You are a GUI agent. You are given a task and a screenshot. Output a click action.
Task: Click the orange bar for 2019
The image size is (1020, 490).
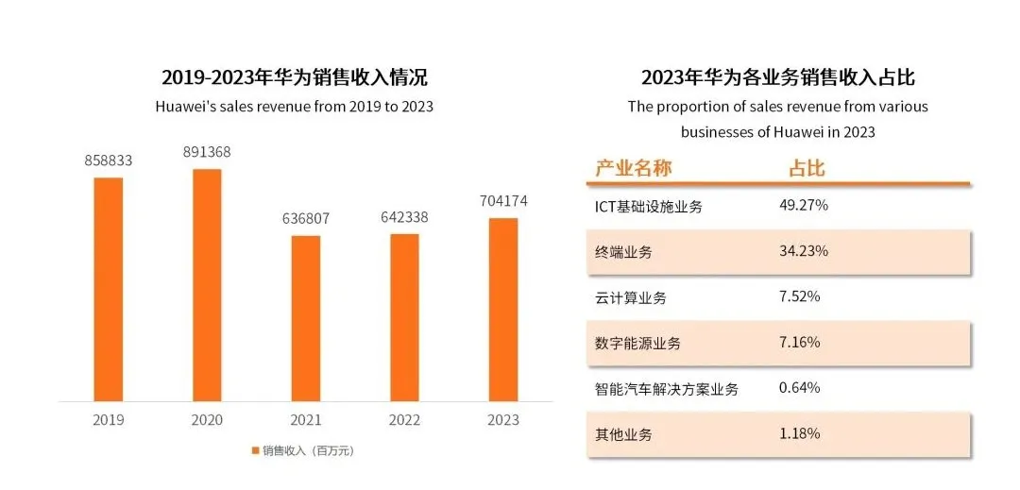(x=109, y=288)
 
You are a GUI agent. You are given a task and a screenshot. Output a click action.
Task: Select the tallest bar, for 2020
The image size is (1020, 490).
(x=207, y=284)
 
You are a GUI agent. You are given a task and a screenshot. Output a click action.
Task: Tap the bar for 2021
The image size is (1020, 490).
(x=305, y=317)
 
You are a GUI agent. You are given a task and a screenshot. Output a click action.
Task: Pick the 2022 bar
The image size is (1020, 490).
(x=404, y=316)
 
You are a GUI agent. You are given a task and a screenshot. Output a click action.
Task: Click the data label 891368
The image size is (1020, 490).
(x=207, y=152)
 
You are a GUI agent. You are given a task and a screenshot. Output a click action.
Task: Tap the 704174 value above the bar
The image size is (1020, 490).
(x=503, y=201)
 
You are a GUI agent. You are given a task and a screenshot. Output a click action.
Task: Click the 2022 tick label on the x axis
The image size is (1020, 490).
(x=404, y=420)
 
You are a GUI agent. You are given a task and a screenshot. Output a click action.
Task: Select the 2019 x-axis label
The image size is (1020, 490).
(x=109, y=420)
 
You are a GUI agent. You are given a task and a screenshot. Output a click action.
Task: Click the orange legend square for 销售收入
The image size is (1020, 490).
(x=255, y=450)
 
